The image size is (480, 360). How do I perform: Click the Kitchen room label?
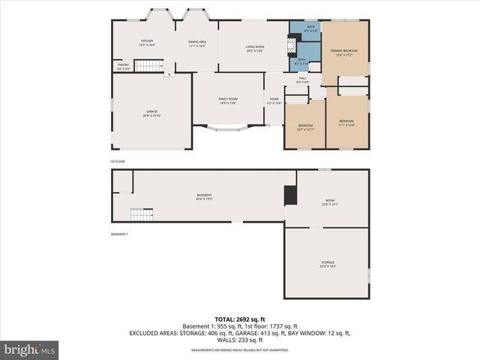(x=147, y=43)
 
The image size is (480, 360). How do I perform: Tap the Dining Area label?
(x=197, y=43)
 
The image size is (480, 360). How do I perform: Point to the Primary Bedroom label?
(x=343, y=52)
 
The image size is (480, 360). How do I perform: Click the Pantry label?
(x=123, y=67)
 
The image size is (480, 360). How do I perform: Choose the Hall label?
(x=303, y=79)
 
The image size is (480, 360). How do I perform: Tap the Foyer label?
(x=274, y=100)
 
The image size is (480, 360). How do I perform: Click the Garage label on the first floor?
(x=151, y=114)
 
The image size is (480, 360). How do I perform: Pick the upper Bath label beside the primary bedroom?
(x=310, y=28)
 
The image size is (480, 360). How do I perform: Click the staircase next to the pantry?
(x=148, y=66)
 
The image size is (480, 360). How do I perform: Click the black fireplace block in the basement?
(x=289, y=195)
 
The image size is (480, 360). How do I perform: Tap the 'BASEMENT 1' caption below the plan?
(x=120, y=235)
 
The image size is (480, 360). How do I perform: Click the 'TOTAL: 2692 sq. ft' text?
(x=239, y=318)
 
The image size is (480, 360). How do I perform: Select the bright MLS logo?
(x=29, y=349)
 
